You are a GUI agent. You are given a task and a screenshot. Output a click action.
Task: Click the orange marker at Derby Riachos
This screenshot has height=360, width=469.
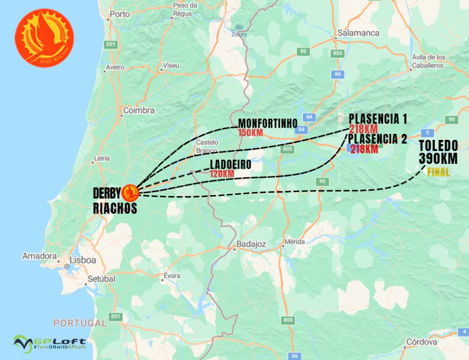(x=130, y=192)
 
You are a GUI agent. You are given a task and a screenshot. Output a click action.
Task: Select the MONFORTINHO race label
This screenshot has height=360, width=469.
(x=267, y=123)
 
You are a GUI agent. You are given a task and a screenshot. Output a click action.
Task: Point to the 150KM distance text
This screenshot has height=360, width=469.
(x=250, y=133)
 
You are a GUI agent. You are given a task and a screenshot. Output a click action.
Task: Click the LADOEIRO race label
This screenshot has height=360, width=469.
(x=230, y=165)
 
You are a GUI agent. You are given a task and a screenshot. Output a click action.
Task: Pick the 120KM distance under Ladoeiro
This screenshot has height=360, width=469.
(x=222, y=174)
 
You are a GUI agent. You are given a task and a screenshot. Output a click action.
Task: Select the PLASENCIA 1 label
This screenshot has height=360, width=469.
(x=378, y=118)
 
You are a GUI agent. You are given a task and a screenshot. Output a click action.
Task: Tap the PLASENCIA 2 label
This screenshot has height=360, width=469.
(x=378, y=139)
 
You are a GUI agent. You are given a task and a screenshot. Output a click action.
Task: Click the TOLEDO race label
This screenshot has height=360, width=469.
(x=438, y=145)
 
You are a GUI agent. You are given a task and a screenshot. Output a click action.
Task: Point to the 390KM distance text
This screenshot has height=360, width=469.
(x=438, y=159)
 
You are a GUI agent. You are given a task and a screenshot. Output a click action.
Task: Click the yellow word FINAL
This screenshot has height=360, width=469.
(x=438, y=172)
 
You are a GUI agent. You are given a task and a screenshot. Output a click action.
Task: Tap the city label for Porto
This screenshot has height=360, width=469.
(x=119, y=14)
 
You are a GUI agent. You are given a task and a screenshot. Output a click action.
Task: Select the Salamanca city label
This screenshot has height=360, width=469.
(x=358, y=33)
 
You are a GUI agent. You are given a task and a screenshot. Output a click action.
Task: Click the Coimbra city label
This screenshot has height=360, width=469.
(x=138, y=110)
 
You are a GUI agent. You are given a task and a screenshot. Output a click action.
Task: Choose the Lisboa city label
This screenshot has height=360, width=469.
(x=83, y=260)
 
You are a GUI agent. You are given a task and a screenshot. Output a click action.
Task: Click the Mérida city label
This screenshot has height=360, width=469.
(x=295, y=242)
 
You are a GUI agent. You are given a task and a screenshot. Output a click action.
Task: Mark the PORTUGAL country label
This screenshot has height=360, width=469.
(x=80, y=323)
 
